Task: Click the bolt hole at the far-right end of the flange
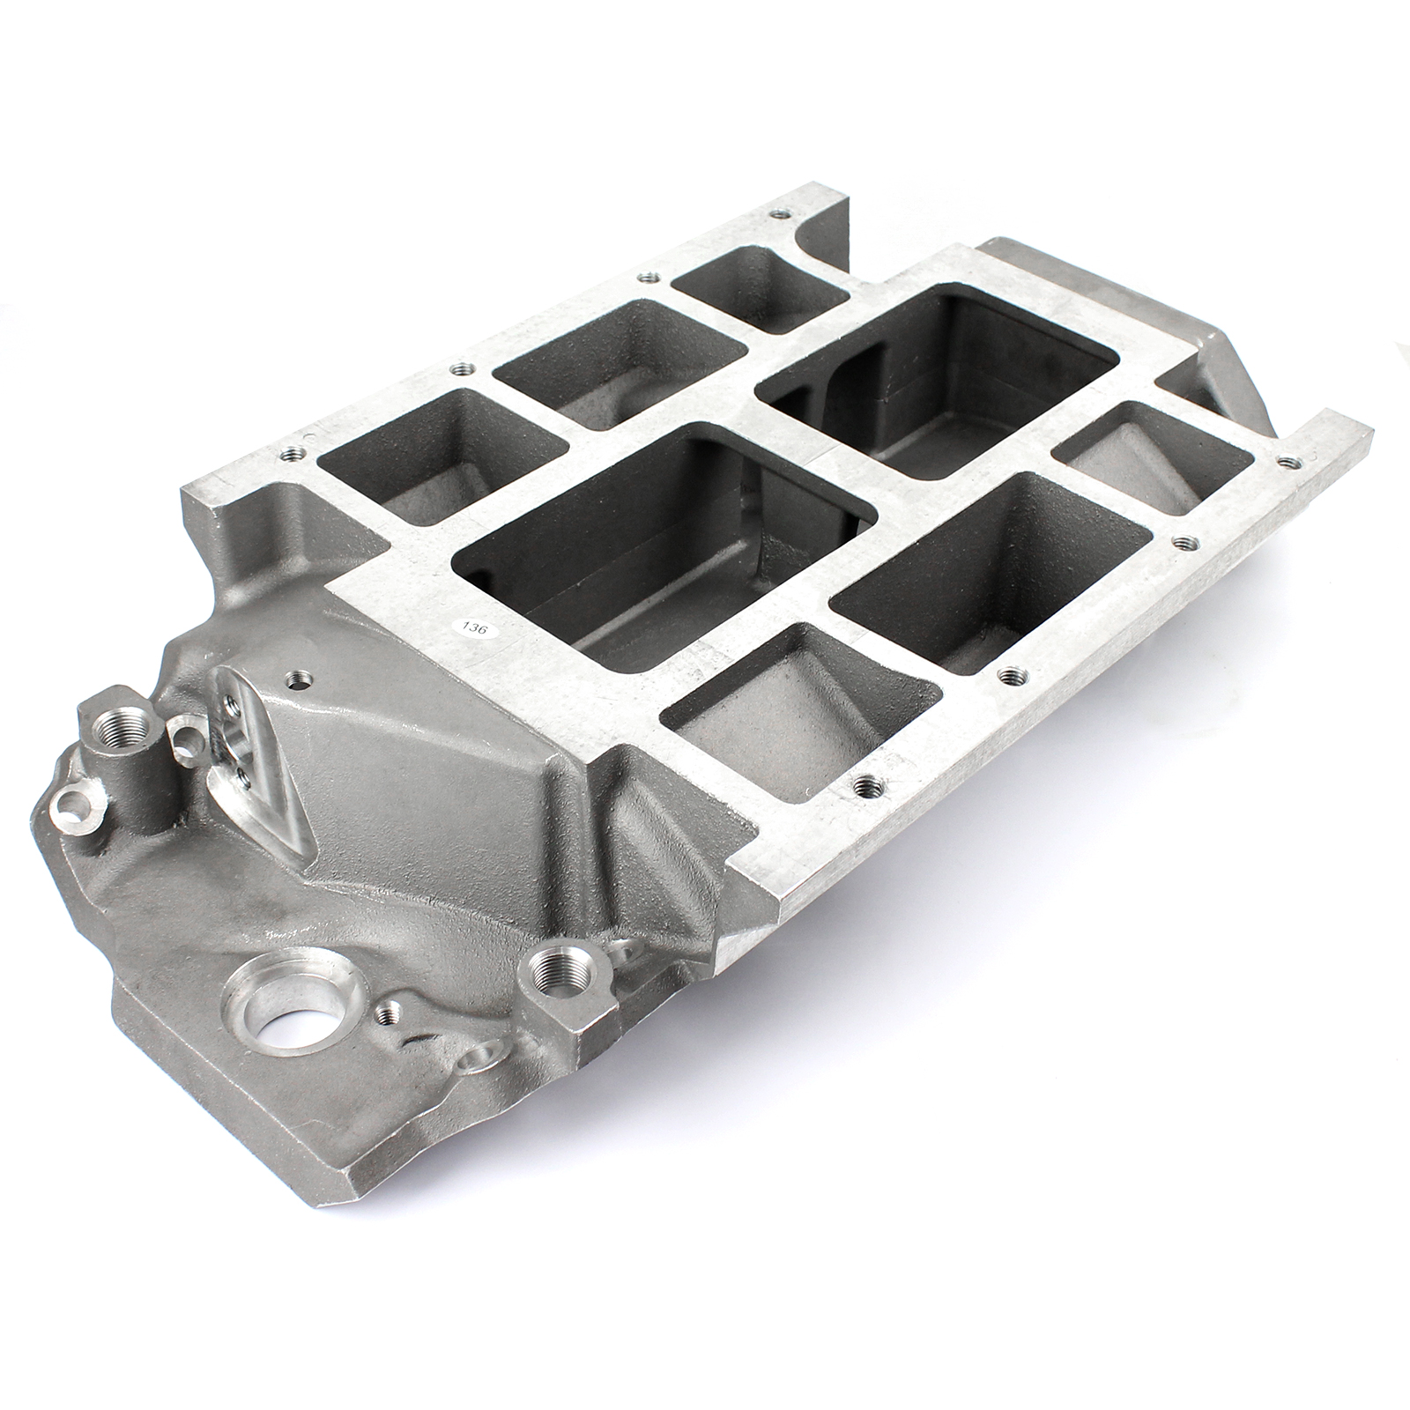point(1291,459)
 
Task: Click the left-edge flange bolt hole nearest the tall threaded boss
point(290,454)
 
